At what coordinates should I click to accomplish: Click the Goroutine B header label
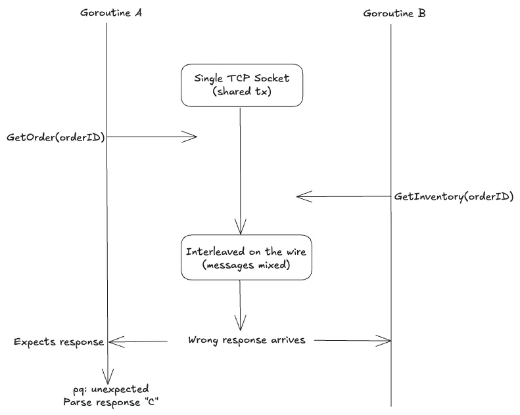(x=394, y=12)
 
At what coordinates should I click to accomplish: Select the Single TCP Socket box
(x=241, y=85)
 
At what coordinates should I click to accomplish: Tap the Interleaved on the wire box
(x=246, y=258)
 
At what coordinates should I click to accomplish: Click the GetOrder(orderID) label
(x=56, y=137)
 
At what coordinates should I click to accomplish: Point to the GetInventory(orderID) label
(x=454, y=196)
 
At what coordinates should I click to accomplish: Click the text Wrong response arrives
(x=247, y=340)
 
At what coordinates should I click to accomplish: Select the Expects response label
(x=59, y=341)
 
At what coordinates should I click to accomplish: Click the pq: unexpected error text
(x=111, y=389)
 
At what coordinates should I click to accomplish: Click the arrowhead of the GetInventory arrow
(x=301, y=196)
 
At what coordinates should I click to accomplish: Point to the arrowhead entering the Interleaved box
(x=241, y=230)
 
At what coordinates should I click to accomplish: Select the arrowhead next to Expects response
(x=114, y=341)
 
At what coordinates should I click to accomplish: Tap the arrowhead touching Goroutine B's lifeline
(x=387, y=340)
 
